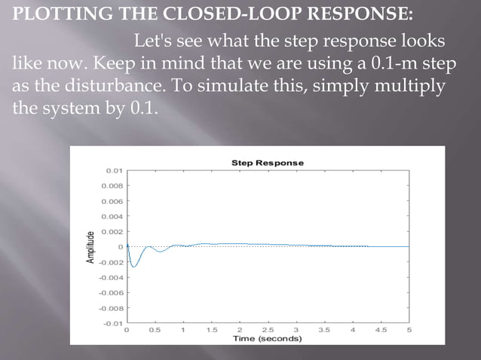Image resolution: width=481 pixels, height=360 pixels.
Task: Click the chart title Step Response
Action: [267, 163]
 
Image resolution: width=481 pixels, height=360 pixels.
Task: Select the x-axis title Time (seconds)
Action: [267, 338]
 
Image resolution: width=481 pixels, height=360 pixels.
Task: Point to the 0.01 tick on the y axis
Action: [114, 170]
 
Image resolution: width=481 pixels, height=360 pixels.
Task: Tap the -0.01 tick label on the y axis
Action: [112, 323]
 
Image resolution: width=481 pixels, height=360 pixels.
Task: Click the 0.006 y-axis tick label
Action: [112, 201]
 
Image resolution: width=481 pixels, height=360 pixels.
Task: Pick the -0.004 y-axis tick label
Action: [111, 277]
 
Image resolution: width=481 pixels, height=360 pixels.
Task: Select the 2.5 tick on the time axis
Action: [267, 330]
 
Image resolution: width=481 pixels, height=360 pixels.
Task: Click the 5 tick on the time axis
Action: [409, 330]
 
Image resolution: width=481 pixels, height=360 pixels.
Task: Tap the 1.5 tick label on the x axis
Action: [211, 330]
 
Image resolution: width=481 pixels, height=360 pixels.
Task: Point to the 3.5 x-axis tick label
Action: [323, 330]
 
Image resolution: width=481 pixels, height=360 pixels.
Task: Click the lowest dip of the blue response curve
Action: [133, 266]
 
